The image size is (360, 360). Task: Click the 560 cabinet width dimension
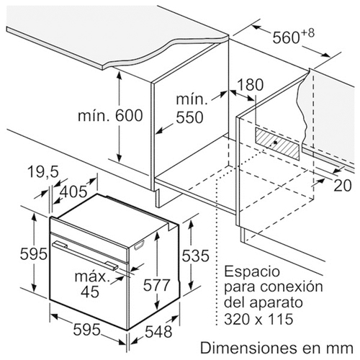(286, 37)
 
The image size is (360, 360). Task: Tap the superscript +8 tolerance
(307, 33)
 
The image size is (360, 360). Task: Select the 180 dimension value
(250, 84)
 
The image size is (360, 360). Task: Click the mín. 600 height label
(110, 115)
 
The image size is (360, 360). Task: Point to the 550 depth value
(189, 117)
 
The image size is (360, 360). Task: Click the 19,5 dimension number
(43, 172)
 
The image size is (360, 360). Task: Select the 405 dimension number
(73, 192)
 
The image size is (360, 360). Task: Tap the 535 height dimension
(195, 256)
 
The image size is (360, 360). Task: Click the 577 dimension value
(156, 285)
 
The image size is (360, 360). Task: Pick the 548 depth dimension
(158, 332)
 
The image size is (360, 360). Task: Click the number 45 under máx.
(90, 292)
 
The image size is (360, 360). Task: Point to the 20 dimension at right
(343, 185)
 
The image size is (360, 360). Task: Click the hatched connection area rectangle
(277, 143)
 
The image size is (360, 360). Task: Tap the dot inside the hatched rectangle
(275, 143)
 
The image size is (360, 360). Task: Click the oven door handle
(85, 256)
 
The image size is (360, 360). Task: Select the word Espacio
(252, 271)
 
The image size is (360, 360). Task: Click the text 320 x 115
(258, 319)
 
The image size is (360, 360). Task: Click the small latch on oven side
(140, 246)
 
